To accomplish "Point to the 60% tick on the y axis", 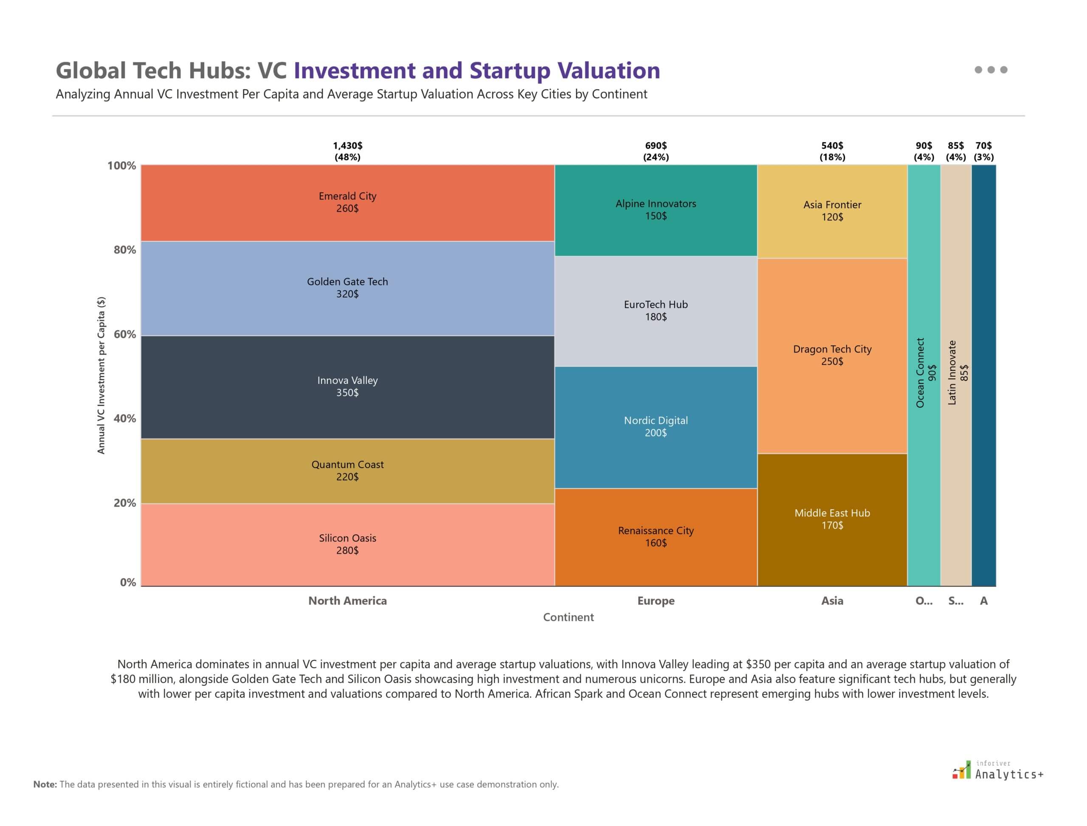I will [x=124, y=334].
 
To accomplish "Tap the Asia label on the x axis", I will [x=832, y=600].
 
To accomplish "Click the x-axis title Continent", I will [x=568, y=617].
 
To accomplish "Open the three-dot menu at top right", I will [x=991, y=70].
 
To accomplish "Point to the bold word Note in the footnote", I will [x=45, y=785].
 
